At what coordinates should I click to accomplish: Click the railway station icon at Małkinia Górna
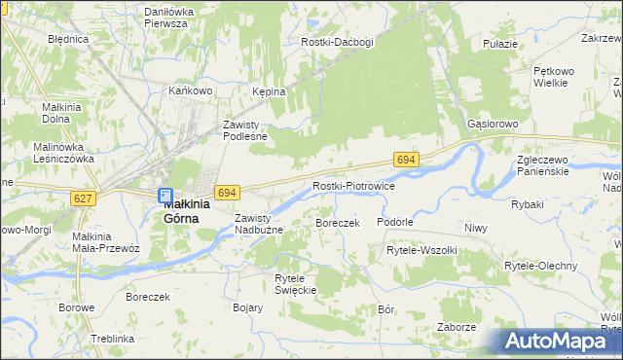click(x=165, y=196)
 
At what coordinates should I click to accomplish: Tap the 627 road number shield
click(x=85, y=198)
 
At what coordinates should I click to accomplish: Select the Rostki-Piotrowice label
click(x=352, y=186)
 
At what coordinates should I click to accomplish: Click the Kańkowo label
click(x=191, y=90)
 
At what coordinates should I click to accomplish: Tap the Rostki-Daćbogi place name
click(x=338, y=43)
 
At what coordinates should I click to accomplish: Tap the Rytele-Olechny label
click(x=540, y=266)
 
